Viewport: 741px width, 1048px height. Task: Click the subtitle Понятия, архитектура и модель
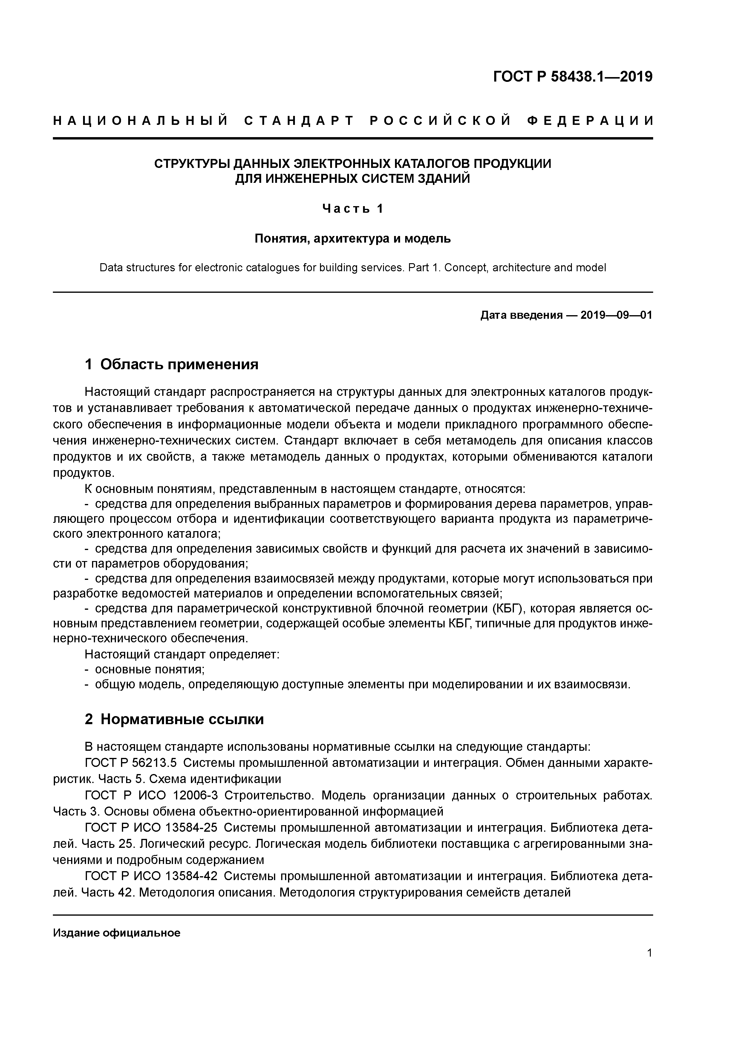[x=353, y=238]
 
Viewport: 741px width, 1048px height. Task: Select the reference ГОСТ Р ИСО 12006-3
[x=151, y=795]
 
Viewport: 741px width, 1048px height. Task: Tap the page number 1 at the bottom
[x=649, y=966]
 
